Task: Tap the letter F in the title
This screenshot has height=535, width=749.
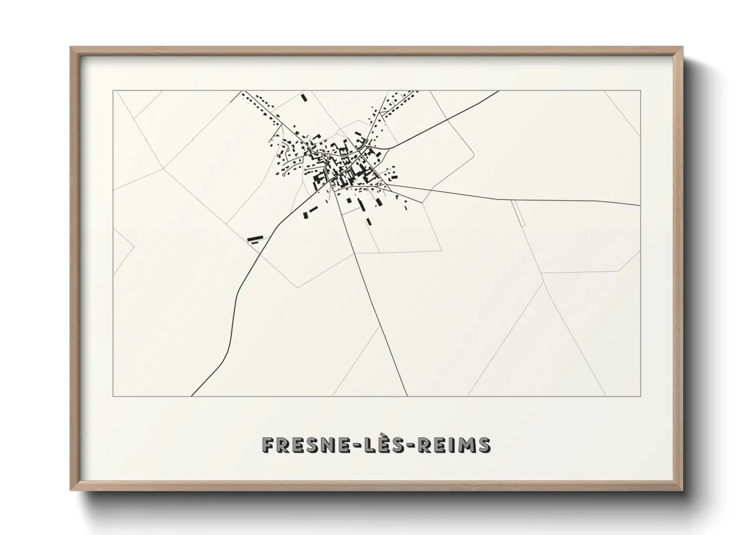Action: [268, 444]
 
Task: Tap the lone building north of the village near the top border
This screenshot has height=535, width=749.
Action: [304, 97]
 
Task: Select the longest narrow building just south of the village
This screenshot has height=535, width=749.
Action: [361, 204]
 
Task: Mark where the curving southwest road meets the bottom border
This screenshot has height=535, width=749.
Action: [192, 396]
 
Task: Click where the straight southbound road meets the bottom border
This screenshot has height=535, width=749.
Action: [407, 396]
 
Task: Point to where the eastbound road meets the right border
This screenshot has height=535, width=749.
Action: [640, 205]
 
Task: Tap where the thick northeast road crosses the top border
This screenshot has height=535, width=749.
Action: [499, 91]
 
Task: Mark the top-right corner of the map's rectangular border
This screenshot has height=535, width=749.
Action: [641, 91]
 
